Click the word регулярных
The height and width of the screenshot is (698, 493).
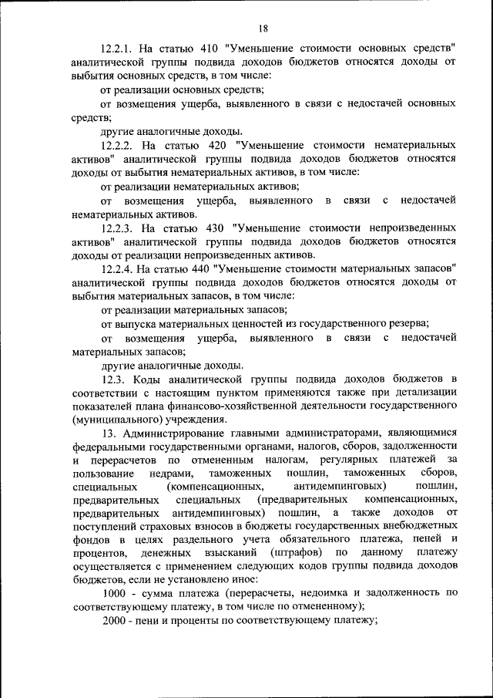[348, 460]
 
